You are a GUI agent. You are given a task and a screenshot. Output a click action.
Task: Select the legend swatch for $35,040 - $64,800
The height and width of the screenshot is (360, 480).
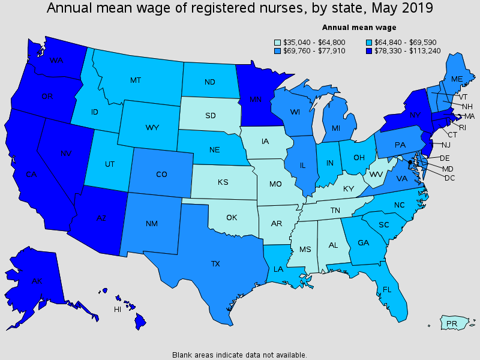pyautogui.click(x=277, y=42)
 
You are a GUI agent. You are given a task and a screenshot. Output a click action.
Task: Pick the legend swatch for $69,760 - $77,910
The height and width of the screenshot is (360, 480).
pyautogui.click(x=277, y=50)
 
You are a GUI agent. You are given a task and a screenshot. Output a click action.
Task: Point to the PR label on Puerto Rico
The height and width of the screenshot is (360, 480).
pyautogui.click(x=452, y=324)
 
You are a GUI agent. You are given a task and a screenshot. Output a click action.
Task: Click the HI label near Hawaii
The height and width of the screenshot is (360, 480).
pyautogui.click(x=118, y=310)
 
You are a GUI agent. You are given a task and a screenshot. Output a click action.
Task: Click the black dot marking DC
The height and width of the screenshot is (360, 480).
pyautogui.click(x=410, y=163)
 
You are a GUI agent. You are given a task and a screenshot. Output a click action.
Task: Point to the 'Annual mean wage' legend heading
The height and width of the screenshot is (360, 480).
pyautogui.click(x=359, y=27)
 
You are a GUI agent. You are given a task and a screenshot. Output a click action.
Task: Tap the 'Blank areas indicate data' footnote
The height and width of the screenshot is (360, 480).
pyautogui.click(x=239, y=355)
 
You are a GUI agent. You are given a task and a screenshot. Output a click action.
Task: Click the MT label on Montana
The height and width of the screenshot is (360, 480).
pyautogui.click(x=136, y=80)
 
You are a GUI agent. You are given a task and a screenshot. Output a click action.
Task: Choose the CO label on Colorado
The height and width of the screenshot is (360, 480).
pyautogui.click(x=161, y=175)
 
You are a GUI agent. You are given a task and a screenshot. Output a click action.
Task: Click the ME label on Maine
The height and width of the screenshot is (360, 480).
pyautogui.click(x=457, y=79)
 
